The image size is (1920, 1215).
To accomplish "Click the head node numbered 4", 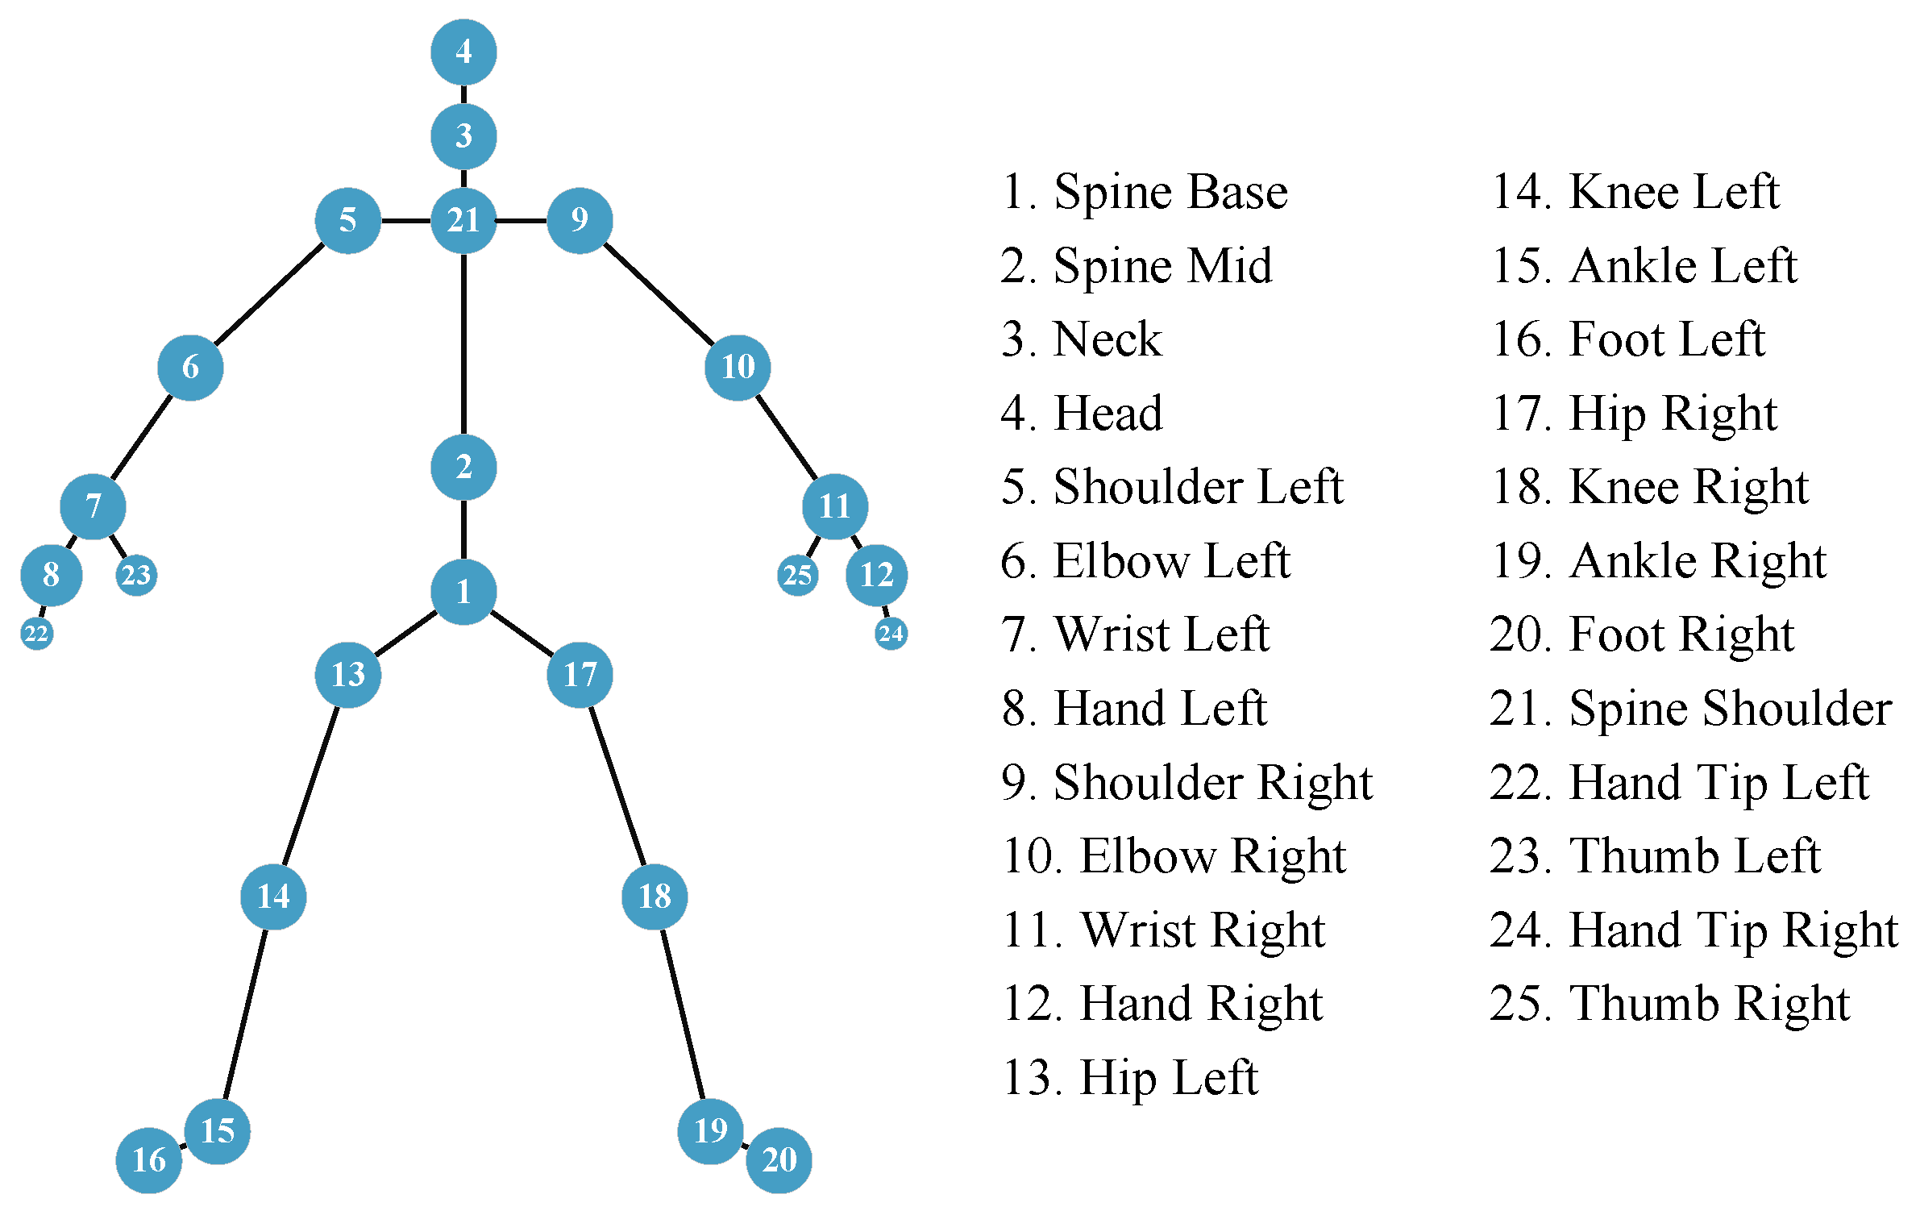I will click(x=463, y=52).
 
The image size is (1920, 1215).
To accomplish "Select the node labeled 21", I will click(x=463, y=220).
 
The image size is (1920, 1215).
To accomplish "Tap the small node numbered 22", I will click(x=36, y=633).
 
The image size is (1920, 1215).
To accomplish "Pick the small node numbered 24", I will click(x=891, y=633).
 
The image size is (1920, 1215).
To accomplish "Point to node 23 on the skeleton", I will click(x=136, y=575).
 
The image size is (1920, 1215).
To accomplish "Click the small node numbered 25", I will click(x=798, y=575).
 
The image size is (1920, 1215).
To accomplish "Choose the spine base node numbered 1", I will click(x=463, y=592).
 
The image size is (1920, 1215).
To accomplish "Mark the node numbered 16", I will click(x=149, y=1160).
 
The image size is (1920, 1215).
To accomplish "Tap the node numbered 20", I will click(x=779, y=1160).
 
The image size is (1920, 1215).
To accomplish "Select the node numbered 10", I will click(x=738, y=368).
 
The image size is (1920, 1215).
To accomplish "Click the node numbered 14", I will click(x=273, y=897).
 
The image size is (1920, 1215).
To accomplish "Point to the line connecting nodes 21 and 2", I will click(x=463, y=343).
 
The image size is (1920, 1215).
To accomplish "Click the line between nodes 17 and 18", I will click(x=617, y=786).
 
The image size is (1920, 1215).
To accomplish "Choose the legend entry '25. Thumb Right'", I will click(x=1669, y=1004).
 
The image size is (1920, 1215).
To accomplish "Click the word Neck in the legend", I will click(x=1108, y=339).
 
